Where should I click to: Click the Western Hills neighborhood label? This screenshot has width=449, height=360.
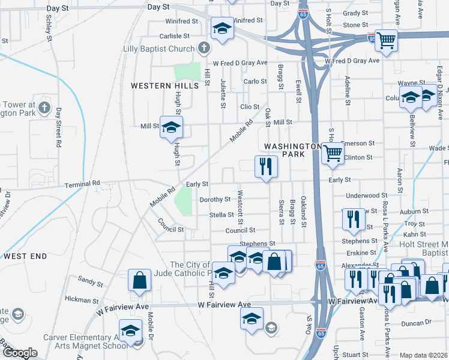(165, 86)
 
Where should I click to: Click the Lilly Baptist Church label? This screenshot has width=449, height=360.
(158, 49)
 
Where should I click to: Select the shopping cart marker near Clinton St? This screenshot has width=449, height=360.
(332, 152)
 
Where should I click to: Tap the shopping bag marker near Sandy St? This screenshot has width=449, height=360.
(139, 280)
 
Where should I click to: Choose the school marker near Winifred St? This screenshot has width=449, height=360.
(221, 28)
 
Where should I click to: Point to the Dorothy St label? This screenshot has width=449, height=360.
(215, 199)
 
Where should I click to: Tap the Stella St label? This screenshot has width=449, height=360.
(221, 215)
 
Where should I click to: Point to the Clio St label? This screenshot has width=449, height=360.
(249, 107)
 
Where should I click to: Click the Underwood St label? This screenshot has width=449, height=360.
(367, 196)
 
